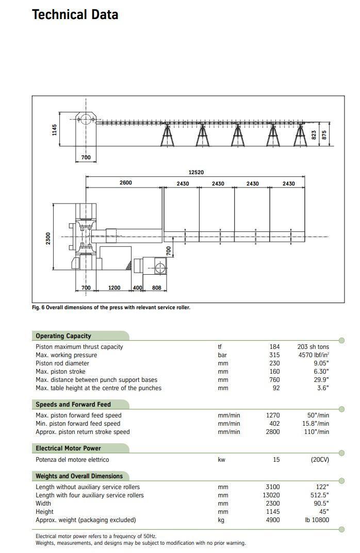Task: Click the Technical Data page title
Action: click(75, 14)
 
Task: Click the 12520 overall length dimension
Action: click(195, 172)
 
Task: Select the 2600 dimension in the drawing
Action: click(125, 182)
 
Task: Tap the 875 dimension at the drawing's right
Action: click(324, 135)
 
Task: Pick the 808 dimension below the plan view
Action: click(156, 288)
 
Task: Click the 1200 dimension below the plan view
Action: click(114, 288)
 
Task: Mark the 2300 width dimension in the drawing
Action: click(48, 238)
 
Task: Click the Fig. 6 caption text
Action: click(111, 308)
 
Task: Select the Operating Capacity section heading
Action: click(63, 336)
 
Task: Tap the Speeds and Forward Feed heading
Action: click(73, 405)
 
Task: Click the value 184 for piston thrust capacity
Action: click(274, 347)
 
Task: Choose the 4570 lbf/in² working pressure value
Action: click(313, 355)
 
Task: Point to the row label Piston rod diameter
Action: click(62, 363)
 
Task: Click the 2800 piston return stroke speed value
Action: click(272, 432)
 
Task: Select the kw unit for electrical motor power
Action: click(221, 460)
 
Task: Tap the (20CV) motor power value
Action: click(319, 460)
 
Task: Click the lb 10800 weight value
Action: click(317, 520)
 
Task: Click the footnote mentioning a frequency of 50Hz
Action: click(95, 537)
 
